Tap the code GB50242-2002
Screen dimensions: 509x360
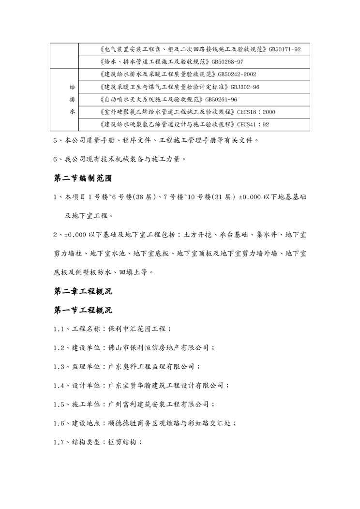pos(237,75)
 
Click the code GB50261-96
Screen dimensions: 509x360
pos(221,100)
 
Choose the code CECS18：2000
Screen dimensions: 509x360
pos(256,112)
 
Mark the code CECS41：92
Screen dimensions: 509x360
pos(253,124)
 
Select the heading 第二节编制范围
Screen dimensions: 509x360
pos(83,178)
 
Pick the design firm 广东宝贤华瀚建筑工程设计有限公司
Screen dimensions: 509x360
pos(165,385)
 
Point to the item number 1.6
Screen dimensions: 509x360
pos(60,423)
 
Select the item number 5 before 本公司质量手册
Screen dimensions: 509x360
pos(56,141)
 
